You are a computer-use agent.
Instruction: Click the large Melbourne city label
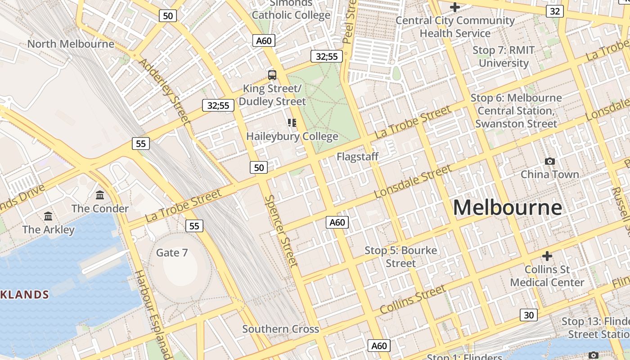pyautogui.click(x=507, y=208)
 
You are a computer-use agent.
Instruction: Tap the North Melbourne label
pyautogui.click(x=71, y=44)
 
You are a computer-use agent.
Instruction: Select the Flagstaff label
pyautogui.click(x=358, y=157)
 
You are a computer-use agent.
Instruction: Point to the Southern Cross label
pyautogui.click(x=281, y=329)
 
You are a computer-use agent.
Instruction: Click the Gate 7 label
pyautogui.click(x=172, y=252)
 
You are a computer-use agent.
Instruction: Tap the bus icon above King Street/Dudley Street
pyautogui.click(x=272, y=75)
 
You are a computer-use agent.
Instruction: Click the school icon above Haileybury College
pyautogui.click(x=292, y=123)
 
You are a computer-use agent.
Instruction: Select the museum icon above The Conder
pyautogui.click(x=100, y=195)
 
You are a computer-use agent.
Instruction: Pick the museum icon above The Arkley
pyautogui.click(x=48, y=216)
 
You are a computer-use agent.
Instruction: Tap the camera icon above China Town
pyautogui.click(x=549, y=161)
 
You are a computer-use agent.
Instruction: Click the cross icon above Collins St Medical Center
pyautogui.click(x=547, y=256)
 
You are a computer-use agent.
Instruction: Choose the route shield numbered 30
pyautogui.click(x=528, y=315)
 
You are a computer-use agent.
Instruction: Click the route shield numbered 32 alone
pyautogui.click(x=554, y=11)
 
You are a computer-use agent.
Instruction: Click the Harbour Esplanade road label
pyautogui.click(x=153, y=315)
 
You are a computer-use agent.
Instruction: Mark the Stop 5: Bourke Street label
pyautogui.click(x=400, y=256)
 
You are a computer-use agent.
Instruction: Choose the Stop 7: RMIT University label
pyautogui.click(x=504, y=57)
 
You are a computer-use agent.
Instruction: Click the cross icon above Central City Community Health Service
pyautogui.click(x=454, y=7)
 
